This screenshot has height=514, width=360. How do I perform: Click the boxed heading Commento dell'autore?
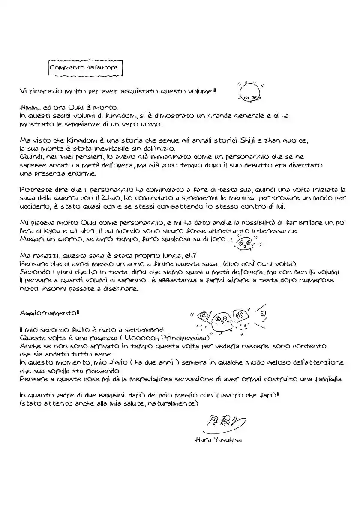[x=84, y=68]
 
